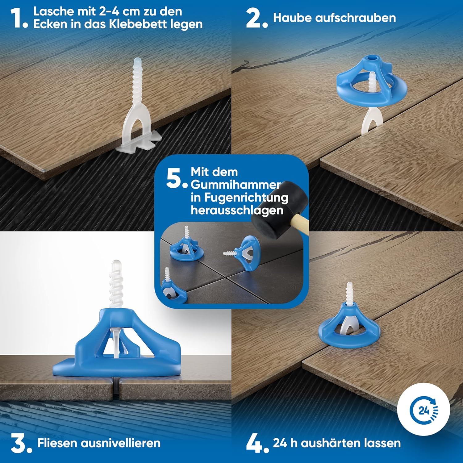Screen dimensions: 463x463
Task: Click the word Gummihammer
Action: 236,185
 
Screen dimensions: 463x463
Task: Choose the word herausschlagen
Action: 237,211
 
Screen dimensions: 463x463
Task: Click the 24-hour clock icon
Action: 423,410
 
